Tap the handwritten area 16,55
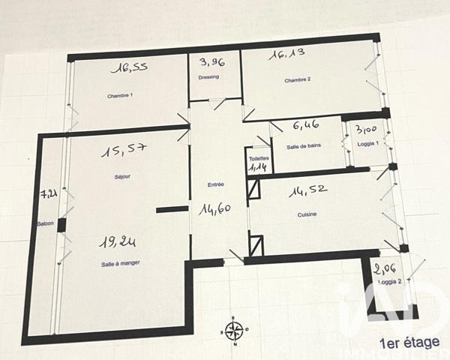(x=129, y=68)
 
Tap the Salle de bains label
(x=304, y=147)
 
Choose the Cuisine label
(x=306, y=214)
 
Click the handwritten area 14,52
(x=309, y=192)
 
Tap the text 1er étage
(x=409, y=343)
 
